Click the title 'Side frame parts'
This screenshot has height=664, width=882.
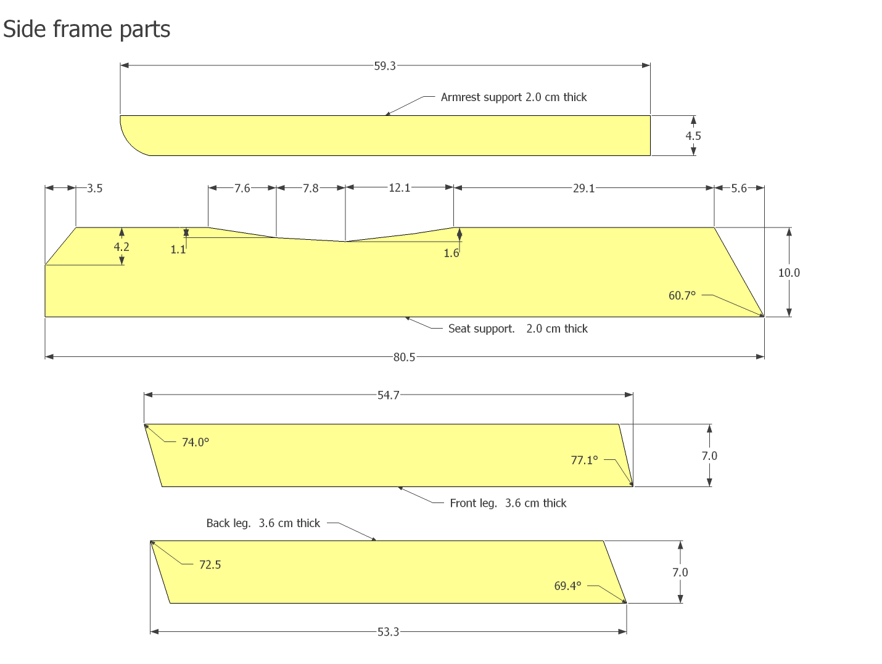click(x=86, y=29)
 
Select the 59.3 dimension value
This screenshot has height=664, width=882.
click(x=385, y=66)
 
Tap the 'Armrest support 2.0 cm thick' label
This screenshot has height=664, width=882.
click(x=513, y=97)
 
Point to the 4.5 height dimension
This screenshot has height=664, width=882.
click(x=693, y=136)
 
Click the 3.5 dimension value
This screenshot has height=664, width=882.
click(x=94, y=188)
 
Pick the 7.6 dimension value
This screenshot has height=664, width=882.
click(x=242, y=188)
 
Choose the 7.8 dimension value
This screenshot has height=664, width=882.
click(x=311, y=188)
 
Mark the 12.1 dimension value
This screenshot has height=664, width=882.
click(x=399, y=187)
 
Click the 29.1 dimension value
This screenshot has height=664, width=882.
click(x=583, y=188)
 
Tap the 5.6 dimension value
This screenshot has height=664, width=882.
click(x=739, y=188)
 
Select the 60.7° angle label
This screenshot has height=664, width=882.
click(x=682, y=295)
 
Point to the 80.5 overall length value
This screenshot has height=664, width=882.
click(x=405, y=357)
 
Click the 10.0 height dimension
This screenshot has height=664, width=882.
click(x=789, y=273)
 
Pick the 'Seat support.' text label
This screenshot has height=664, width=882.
click(x=481, y=329)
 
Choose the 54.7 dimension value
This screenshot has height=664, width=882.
click(x=389, y=395)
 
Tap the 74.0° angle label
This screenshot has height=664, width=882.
click(x=196, y=442)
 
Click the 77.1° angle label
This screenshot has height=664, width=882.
click(x=584, y=460)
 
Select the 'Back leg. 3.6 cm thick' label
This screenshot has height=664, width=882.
click(x=263, y=523)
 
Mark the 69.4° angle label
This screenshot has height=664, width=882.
click(x=567, y=586)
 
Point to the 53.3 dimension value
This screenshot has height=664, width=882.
click(x=389, y=632)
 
